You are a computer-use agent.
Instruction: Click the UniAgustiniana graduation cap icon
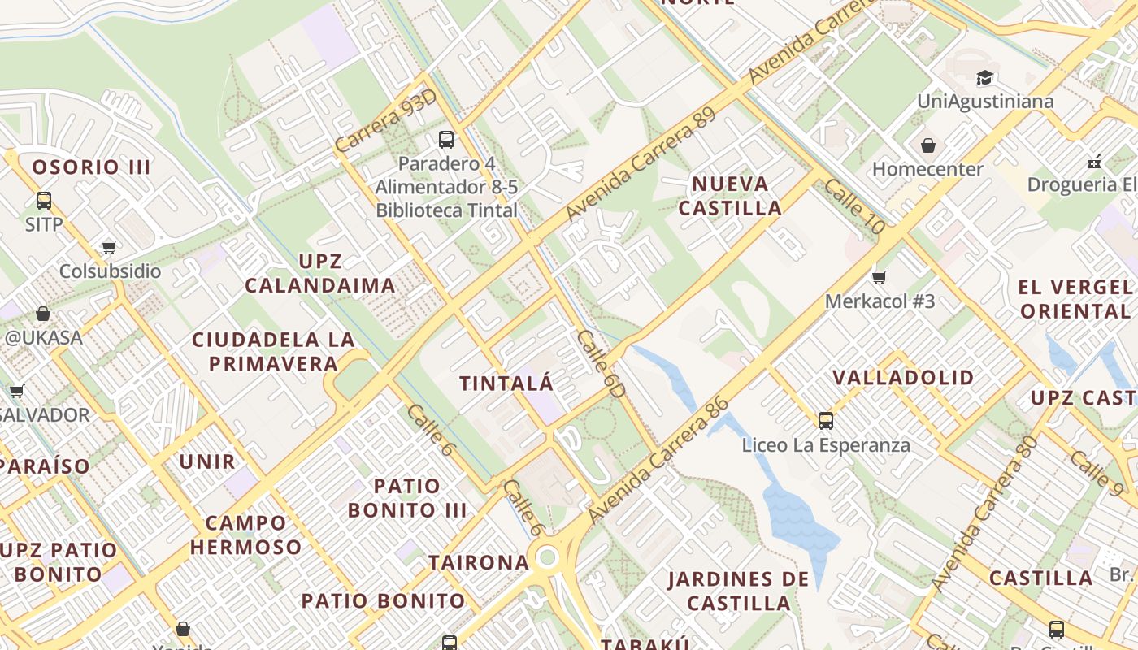pos(985,78)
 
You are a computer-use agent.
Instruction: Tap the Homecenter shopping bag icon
pos(928,146)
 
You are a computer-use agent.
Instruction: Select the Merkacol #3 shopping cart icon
pos(879,278)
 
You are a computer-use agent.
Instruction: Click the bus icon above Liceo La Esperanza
pos(826,421)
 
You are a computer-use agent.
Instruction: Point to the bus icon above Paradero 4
pos(446,140)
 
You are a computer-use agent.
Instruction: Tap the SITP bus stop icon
pos(44,201)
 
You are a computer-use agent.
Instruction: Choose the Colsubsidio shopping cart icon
pos(109,247)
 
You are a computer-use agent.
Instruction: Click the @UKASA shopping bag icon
pos(43,314)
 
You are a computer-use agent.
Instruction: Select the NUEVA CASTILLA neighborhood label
pos(730,196)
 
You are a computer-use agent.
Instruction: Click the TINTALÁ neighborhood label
pos(506,383)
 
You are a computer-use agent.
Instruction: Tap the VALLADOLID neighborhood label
pos(903,377)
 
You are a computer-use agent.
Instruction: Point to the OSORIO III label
pos(91,167)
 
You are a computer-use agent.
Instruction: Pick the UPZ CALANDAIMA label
pos(320,274)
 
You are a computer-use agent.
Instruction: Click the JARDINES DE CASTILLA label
pos(739,591)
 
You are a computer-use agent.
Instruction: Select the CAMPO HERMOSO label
pos(245,535)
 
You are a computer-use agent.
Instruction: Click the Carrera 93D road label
pos(385,121)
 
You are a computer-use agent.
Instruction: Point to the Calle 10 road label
pos(853,206)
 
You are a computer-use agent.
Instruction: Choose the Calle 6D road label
pos(602,363)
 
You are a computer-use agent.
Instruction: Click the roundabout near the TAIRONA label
pos(546,557)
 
